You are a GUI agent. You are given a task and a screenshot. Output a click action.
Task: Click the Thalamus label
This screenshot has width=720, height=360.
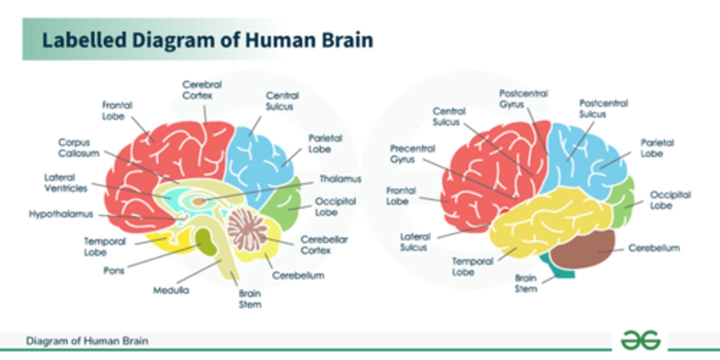pos(340,179)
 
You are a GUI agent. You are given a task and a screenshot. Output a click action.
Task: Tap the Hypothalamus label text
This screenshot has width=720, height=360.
pos(61,214)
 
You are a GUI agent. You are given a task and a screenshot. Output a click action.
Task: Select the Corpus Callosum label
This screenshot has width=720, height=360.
pos(79,148)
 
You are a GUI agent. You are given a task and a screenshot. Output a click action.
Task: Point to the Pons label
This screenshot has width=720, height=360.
pos(113,270)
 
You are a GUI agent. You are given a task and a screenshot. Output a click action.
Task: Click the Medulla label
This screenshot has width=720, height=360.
pos(171,290)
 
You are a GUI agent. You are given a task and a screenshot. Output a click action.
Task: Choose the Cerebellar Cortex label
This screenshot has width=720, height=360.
pos(323,245)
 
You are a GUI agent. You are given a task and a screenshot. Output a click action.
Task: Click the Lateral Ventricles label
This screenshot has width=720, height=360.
pos(65,183)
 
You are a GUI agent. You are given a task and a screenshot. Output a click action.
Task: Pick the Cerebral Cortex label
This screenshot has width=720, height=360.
pos(201,90)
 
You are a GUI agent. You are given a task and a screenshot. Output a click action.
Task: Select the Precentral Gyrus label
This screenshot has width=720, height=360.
pos(412,154)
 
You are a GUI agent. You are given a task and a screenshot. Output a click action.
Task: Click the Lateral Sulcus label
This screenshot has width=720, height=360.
pos(413,241)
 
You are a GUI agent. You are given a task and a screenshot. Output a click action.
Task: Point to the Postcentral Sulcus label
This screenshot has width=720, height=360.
pos(603,108)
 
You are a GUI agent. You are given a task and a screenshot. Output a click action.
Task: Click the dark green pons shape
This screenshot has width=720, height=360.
pos(206,241)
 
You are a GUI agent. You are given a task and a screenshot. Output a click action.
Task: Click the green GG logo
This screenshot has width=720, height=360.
pos(640,341)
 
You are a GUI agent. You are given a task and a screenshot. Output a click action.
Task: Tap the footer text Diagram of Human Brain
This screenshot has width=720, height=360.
pos(87,341)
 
